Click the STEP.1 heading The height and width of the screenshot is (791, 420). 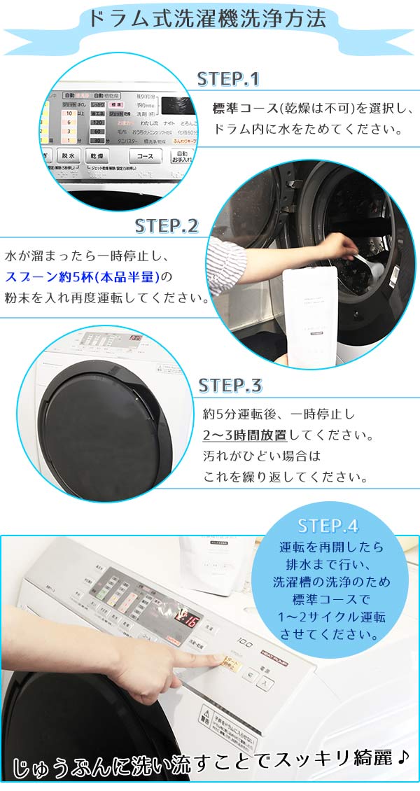228,78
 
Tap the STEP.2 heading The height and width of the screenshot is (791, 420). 167,225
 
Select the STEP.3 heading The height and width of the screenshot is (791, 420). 230,385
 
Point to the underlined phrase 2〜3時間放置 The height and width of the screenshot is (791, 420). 245,435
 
